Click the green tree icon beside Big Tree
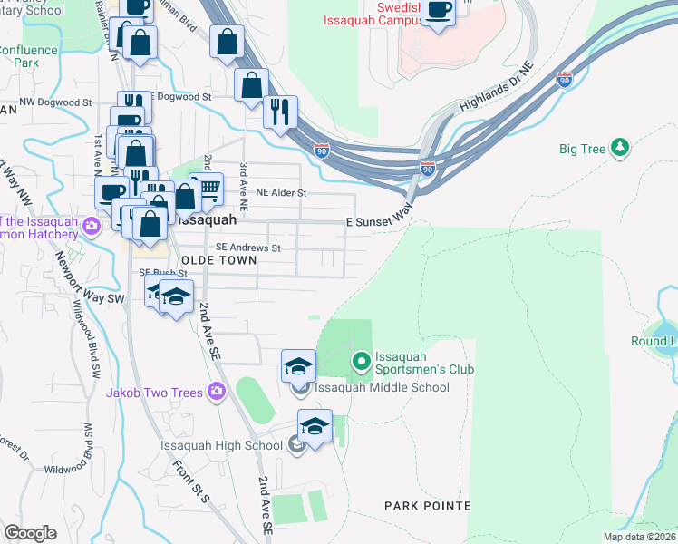click(620, 148)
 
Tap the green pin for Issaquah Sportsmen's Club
click(362, 363)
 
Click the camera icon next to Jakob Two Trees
click(216, 392)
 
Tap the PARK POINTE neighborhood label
click(427, 505)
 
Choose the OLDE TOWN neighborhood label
click(218, 260)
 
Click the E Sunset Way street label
click(379, 221)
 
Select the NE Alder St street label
click(282, 193)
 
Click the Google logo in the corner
click(31, 532)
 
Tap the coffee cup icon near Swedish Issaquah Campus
click(439, 11)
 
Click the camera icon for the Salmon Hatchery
click(92, 226)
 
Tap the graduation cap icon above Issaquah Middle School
click(298, 366)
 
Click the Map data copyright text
click(639, 537)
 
